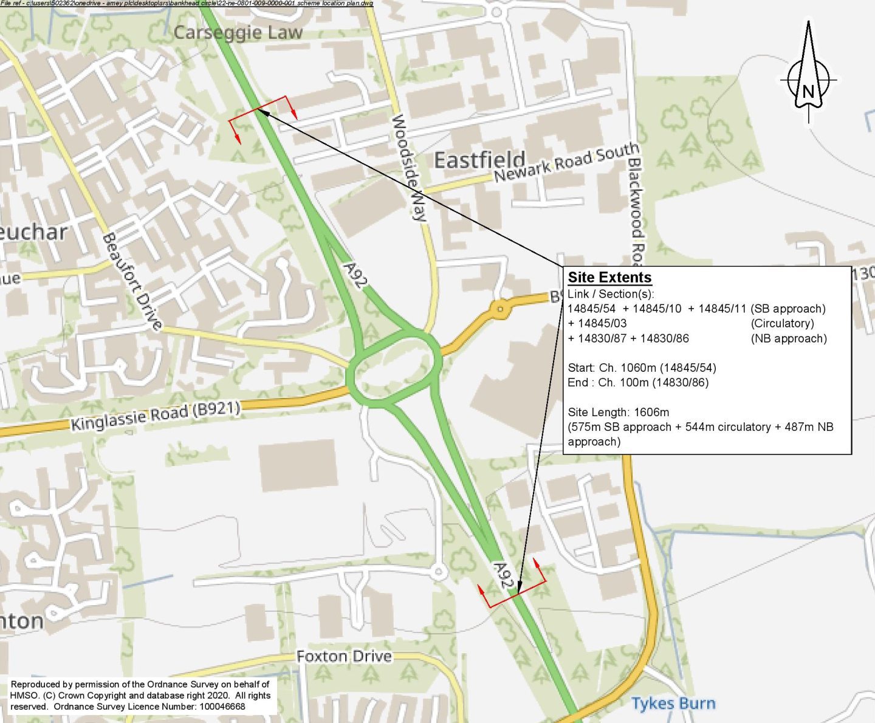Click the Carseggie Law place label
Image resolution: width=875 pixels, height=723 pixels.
coord(238,32)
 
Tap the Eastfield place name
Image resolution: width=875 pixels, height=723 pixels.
coord(479,160)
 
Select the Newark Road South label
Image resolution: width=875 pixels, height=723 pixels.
coord(566,162)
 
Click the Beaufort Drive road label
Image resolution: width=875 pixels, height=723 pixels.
coord(132,281)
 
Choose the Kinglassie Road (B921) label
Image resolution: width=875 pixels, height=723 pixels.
coord(156,416)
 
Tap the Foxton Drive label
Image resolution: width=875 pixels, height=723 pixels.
coord(344,656)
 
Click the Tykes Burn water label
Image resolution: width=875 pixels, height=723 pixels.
coord(673,704)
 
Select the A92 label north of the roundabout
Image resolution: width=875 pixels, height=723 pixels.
coord(355,275)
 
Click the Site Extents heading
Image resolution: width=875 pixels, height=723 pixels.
coord(609,278)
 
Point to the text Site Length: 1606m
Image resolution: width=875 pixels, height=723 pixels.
coord(618,412)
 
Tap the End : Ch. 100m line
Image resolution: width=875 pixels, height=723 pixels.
coord(638,382)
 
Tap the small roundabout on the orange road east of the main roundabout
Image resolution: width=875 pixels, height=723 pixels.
coord(500,309)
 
